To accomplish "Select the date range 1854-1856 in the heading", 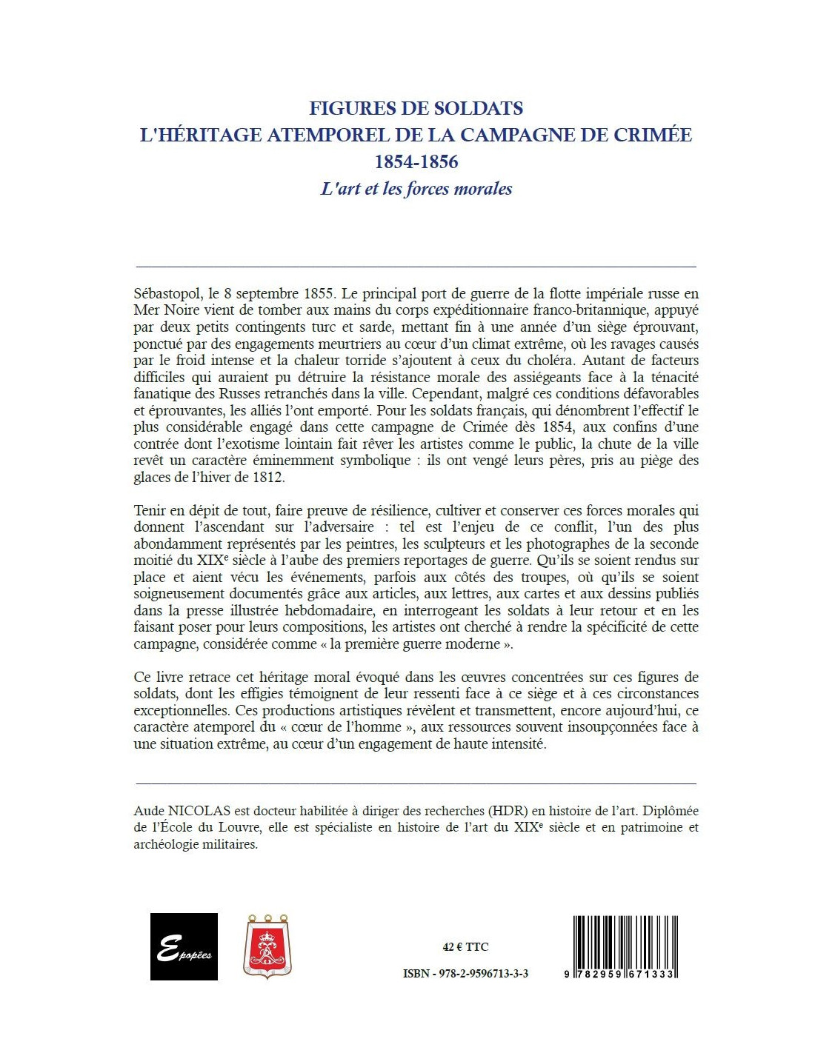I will pos(416,161).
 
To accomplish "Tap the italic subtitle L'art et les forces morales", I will pos(416,189).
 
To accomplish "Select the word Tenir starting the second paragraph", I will pos(150,510).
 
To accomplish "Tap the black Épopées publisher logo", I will pos(184,946).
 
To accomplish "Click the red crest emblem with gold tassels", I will pos(267,946).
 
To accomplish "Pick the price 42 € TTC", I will pos(465,947).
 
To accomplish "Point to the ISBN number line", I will pos(465,974).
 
